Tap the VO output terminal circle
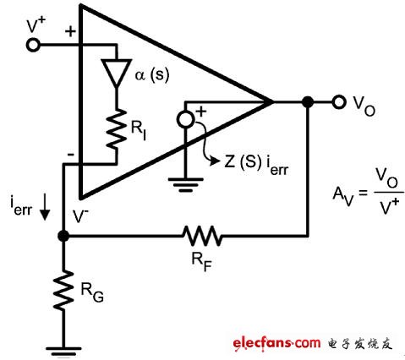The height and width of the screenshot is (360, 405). pos(338,102)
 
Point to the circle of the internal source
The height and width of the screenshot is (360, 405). pos(185,118)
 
